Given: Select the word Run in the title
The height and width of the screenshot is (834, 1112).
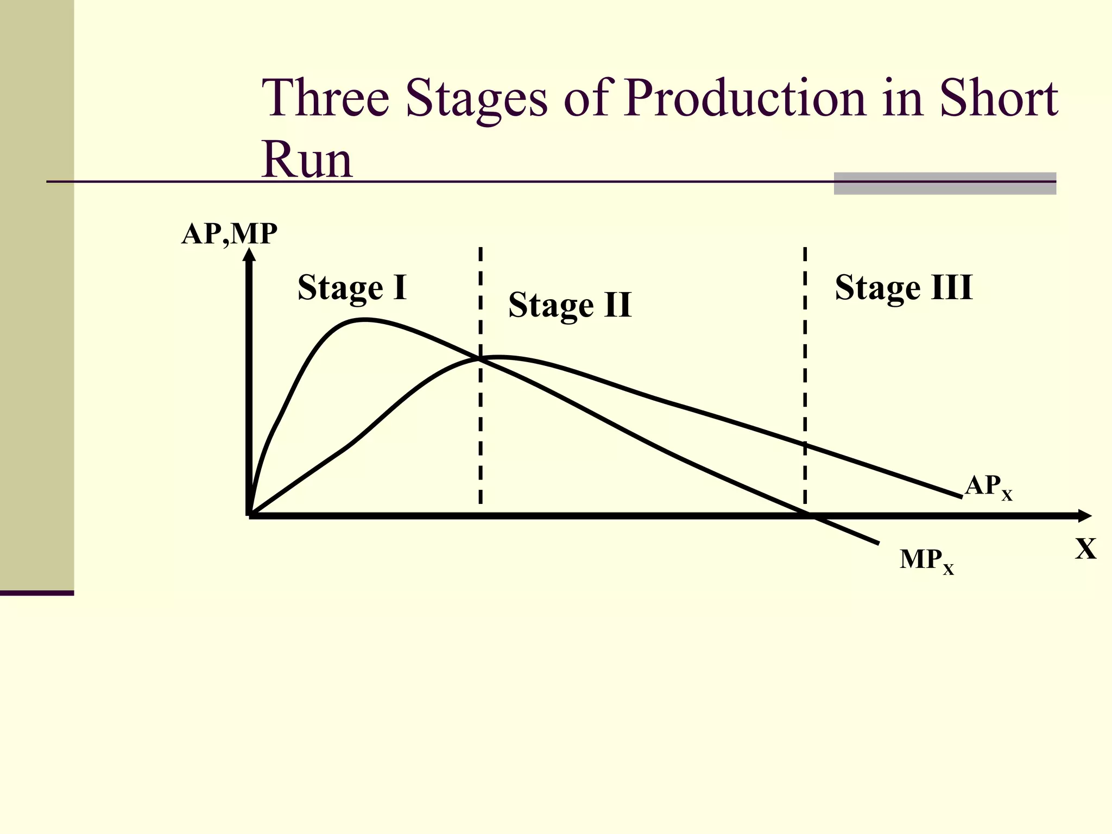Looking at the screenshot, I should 307,160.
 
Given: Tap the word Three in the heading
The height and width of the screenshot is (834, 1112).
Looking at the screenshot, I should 325,98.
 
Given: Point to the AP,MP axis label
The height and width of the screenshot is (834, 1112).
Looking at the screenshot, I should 229,235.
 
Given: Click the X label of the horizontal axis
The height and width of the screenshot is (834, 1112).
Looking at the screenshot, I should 1085,549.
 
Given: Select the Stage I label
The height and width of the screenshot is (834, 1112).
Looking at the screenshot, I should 352,287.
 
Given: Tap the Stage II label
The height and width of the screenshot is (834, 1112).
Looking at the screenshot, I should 570,305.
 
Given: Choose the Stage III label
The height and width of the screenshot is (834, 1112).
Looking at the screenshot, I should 903,287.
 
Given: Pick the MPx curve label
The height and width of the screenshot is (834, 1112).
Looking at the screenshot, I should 926,560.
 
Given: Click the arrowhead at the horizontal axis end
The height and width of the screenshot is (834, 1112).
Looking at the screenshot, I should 1084,516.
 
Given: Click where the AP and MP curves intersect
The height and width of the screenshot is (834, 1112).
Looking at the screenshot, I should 481,358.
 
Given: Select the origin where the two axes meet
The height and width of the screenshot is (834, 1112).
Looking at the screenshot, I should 250,515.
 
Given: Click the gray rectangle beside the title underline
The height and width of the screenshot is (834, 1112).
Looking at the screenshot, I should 945,184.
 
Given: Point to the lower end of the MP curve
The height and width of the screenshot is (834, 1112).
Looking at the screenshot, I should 877,542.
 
